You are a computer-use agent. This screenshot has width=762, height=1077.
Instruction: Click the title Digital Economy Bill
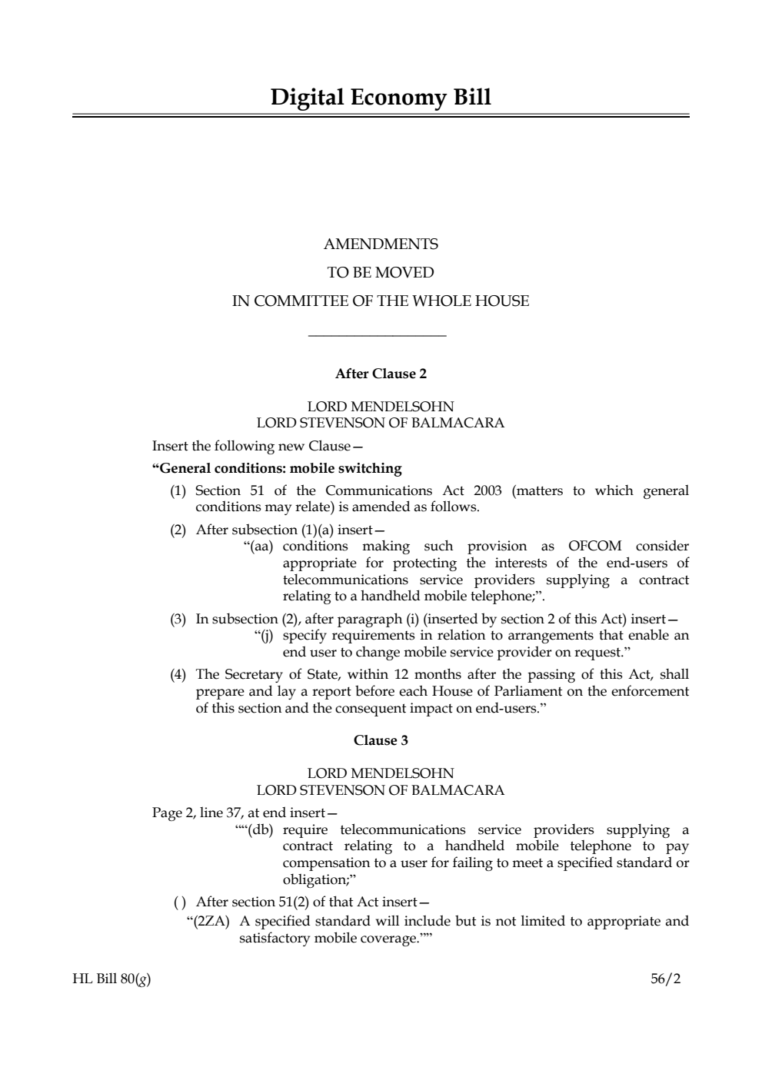click(381, 98)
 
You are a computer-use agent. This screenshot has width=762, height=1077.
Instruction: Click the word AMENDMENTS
click(381, 244)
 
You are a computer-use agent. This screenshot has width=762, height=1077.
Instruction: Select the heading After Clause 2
click(381, 374)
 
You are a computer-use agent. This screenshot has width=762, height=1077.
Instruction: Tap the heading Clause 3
click(381, 740)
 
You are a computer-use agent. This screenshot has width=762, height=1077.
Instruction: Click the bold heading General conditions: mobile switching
click(278, 468)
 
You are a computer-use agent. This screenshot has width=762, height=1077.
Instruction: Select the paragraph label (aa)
click(260, 547)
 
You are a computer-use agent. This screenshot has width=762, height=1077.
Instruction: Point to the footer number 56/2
click(666, 979)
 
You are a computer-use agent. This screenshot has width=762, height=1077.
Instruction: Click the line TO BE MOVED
click(381, 273)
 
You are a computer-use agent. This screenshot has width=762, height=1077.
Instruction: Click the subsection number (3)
click(178, 619)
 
